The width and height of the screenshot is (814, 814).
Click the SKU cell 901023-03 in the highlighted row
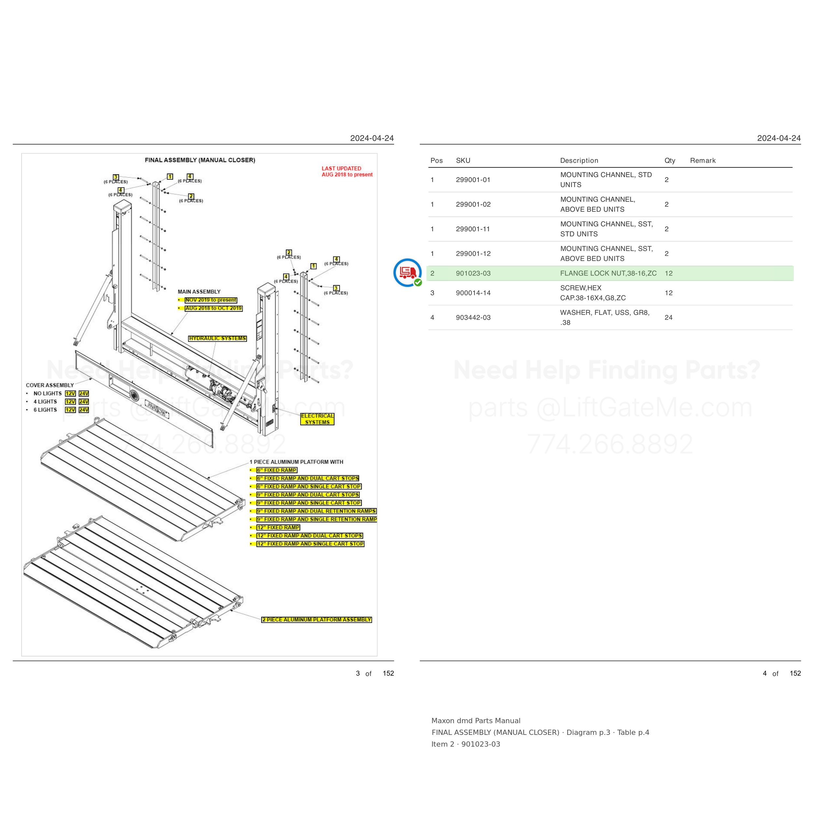473,274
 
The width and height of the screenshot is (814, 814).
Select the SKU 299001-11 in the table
473,229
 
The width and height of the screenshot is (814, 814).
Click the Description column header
579,161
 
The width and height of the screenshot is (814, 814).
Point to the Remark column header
703,161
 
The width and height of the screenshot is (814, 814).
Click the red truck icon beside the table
407,273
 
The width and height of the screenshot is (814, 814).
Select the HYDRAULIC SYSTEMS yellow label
218,338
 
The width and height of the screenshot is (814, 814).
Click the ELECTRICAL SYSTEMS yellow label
317,419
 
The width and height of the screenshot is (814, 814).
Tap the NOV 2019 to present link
211,300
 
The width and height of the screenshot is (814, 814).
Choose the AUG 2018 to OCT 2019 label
214,308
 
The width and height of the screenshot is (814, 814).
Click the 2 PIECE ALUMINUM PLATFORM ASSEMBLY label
316,620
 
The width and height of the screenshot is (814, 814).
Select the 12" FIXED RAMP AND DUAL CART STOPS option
310,536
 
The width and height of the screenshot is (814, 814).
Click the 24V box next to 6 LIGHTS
84,410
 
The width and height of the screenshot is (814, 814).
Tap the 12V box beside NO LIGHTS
70,394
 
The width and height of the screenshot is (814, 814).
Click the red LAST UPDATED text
341,169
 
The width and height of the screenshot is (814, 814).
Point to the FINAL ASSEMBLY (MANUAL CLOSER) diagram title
200,160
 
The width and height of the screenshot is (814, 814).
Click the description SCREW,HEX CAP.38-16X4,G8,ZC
593,293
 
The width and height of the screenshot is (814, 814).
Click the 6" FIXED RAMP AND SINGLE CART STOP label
309,487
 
